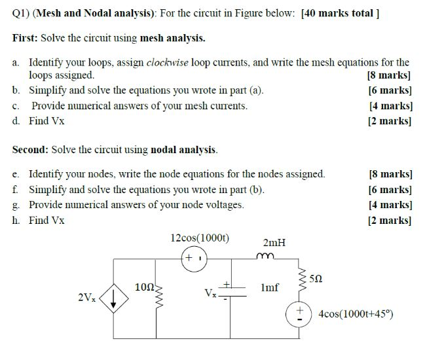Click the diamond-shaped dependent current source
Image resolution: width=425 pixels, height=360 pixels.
click(x=115, y=298)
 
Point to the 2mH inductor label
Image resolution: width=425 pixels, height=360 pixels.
click(x=274, y=242)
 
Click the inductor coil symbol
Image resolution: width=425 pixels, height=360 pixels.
click(x=267, y=257)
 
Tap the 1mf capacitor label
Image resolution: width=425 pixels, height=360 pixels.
click(x=269, y=287)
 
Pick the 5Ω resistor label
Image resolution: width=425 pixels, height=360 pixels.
click(x=317, y=279)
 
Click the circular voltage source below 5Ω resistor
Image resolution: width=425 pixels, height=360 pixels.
click(x=302, y=313)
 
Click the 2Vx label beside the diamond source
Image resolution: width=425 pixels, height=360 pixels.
click(x=86, y=298)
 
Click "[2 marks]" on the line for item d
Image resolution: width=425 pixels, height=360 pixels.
click(x=390, y=120)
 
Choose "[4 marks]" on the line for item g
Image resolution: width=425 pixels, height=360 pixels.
click(x=390, y=204)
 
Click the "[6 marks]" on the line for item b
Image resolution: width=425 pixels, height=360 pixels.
click(x=390, y=90)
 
